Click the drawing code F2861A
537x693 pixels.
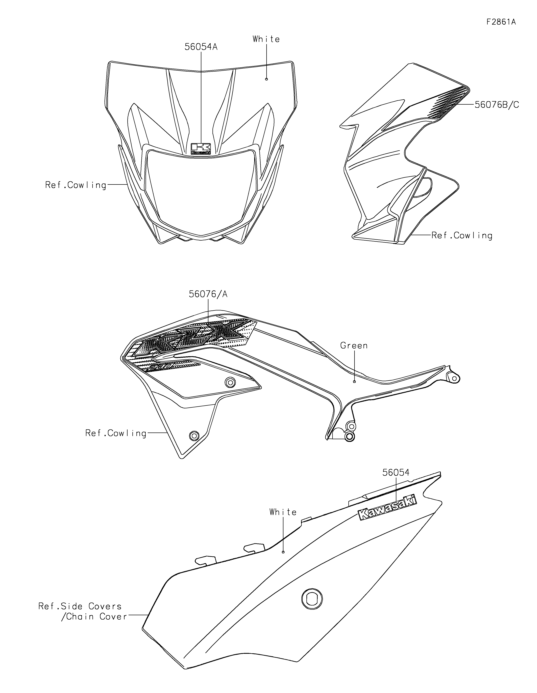[x=501, y=22]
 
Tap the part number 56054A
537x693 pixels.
[x=201, y=47]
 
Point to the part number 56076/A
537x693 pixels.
[x=208, y=294]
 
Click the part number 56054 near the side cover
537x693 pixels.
[x=396, y=481]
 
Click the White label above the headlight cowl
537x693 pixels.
[x=266, y=39]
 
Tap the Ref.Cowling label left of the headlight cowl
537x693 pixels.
[x=76, y=185]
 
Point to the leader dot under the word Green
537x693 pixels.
[x=354, y=382]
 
